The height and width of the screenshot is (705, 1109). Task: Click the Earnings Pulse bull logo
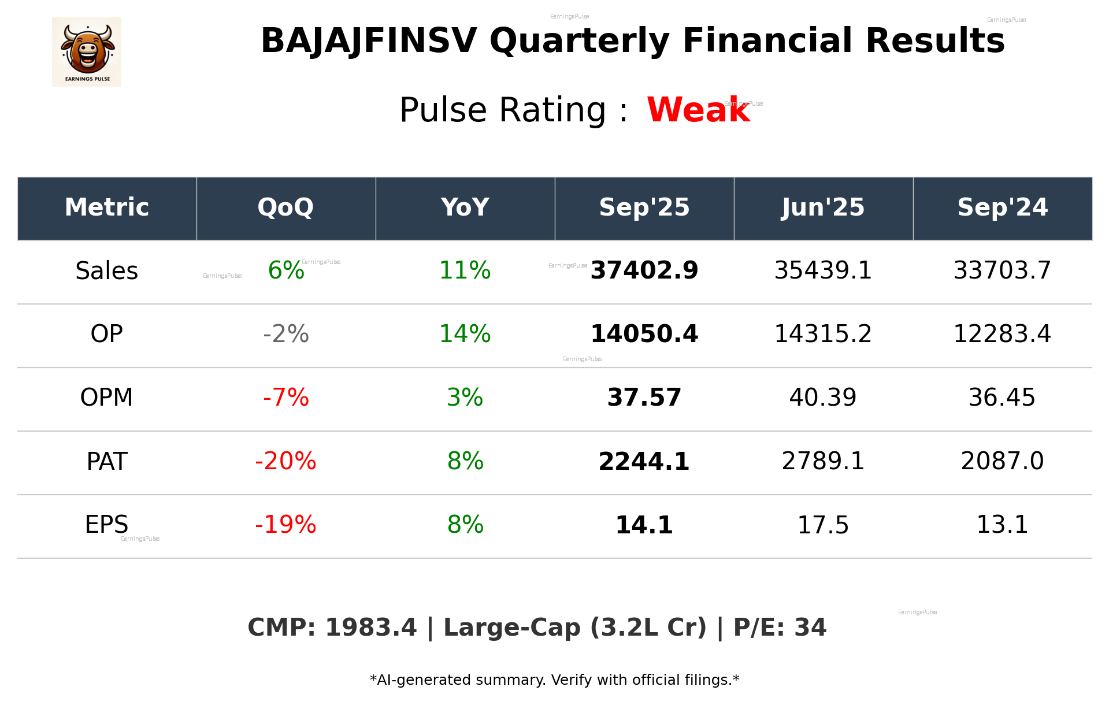(87, 52)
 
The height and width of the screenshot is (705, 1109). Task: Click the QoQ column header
(285, 207)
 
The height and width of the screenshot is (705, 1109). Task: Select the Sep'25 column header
(644, 207)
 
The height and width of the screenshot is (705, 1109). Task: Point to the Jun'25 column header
(823, 207)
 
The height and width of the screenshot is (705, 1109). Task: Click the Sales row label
(107, 271)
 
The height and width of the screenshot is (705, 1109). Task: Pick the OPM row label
(107, 398)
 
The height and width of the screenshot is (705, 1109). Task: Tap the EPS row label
(107, 525)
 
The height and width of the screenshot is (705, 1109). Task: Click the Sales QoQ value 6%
(286, 270)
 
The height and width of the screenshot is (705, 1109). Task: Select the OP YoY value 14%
(465, 334)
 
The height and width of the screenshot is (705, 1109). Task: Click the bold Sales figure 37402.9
(644, 270)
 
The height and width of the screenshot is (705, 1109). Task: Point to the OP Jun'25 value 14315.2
(823, 334)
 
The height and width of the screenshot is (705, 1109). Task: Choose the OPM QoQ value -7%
(285, 398)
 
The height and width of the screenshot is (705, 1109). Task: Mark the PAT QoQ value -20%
(285, 461)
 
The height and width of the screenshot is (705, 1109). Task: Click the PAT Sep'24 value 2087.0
(1002, 461)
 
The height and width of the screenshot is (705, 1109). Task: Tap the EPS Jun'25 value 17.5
(823, 525)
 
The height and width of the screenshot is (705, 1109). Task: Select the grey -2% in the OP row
(285, 334)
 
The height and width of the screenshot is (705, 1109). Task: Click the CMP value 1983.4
(370, 628)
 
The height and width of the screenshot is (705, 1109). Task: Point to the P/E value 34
(810, 628)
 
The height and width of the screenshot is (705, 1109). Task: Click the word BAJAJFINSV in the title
(369, 41)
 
